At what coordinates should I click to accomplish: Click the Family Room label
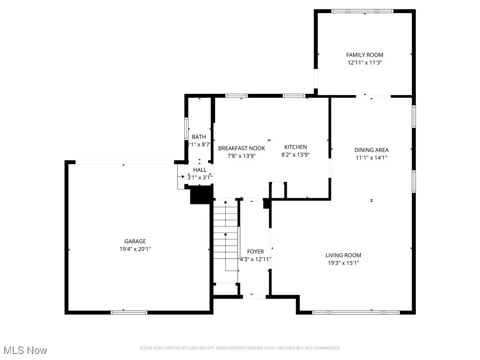click(365, 55)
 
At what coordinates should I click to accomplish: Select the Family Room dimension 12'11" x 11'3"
click(365, 62)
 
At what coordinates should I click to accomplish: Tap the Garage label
click(135, 241)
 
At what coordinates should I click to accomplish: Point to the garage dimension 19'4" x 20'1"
click(135, 249)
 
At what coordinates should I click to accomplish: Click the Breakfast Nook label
click(241, 148)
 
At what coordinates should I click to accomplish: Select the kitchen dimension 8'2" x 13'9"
click(295, 154)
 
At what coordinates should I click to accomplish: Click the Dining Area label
click(371, 150)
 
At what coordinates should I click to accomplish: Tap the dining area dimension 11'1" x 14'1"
click(371, 157)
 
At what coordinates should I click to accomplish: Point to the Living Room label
click(343, 255)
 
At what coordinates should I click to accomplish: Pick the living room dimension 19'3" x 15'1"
click(343, 263)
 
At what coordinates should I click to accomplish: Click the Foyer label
click(255, 252)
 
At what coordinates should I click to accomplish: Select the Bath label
click(199, 137)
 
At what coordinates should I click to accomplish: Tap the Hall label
click(200, 170)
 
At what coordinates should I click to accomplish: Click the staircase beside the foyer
click(226, 241)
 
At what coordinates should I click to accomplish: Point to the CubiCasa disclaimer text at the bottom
click(240, 348)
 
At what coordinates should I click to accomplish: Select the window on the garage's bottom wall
click(129, 312)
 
